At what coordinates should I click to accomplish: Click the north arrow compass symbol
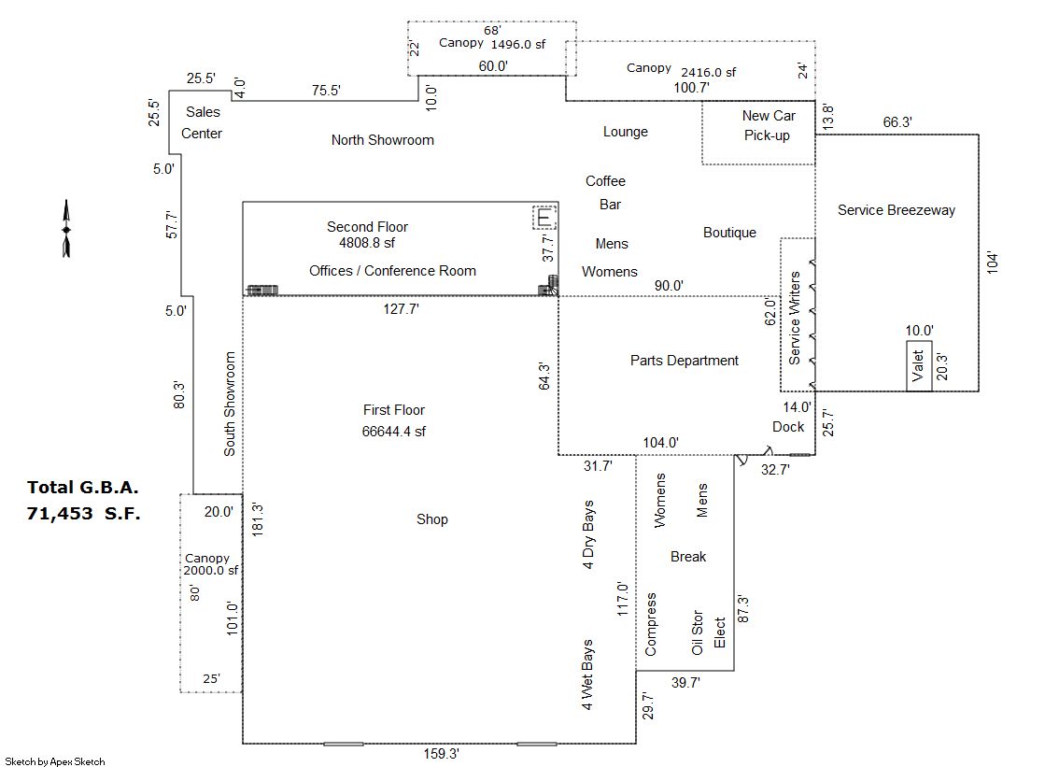66,229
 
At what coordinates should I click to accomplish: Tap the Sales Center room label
202,122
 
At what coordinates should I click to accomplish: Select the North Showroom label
383,140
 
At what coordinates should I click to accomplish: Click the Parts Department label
685,361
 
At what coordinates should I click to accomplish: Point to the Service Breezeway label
897,210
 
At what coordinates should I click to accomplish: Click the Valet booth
918,365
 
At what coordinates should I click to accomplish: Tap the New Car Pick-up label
768,125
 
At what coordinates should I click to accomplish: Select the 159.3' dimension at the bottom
441,754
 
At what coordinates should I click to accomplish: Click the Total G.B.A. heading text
82,488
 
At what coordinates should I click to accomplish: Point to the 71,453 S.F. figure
83,514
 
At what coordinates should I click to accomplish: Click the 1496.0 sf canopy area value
518,45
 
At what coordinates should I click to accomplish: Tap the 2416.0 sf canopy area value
709,72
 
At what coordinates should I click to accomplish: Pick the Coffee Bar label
606,192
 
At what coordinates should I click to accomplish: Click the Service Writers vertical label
795,319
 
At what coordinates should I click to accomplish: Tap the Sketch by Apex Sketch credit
55,761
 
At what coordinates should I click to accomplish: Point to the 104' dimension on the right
993,263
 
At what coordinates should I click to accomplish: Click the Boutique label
729,233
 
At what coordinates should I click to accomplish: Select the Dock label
788,427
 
